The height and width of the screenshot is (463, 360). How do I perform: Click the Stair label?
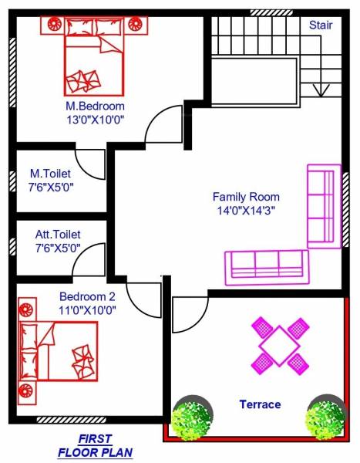click(321, 25)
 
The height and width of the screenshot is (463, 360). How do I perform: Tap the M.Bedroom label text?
click(95, 106)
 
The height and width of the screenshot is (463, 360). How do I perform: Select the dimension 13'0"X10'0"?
click(95, 120)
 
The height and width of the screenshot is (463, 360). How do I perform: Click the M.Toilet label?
click(52, 173)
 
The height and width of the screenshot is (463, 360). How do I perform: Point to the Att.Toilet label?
click(58, 234)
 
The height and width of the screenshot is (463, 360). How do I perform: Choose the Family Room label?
click(246, 197)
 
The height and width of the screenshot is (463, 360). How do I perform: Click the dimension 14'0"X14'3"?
click(246, 210)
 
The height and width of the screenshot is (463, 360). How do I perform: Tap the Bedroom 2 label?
click(87, 296)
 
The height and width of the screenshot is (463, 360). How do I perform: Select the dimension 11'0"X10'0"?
click(87, 310)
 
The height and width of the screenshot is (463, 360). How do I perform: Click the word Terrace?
click(260, 404)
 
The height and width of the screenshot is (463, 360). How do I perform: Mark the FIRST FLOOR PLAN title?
click(95, 448)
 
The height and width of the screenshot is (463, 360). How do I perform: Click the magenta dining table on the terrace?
click(279, 346)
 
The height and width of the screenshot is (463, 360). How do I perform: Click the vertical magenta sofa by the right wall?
click(324, 206)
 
